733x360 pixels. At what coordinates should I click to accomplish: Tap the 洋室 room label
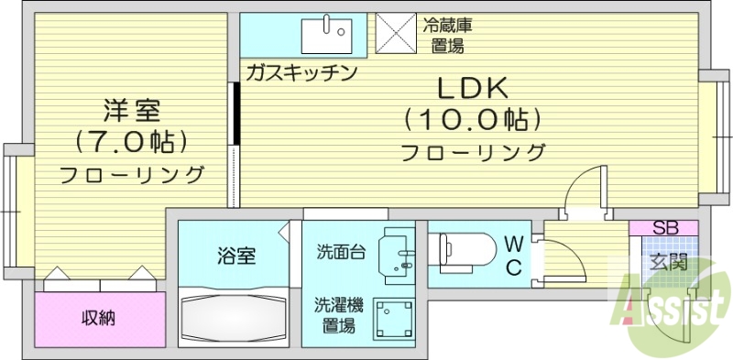click(x=133, y=112)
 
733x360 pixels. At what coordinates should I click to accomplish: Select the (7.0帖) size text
click(x=133, y=143)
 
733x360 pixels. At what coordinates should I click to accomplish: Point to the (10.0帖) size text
click(x=472, y=120)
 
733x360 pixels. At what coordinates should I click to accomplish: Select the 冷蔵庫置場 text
click(x=449, y=34)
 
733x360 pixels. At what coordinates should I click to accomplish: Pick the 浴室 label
click(x=235, y=256)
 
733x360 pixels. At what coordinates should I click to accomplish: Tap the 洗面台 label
click(x=341, y=252)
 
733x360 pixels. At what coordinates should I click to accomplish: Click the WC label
click(x=514, y=256)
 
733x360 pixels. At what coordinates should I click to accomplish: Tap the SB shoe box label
click(x=664, y=227)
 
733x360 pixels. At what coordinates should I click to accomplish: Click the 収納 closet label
click(x=99, y=319)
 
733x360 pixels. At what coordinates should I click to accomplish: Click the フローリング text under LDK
click(x=473, y=152)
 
